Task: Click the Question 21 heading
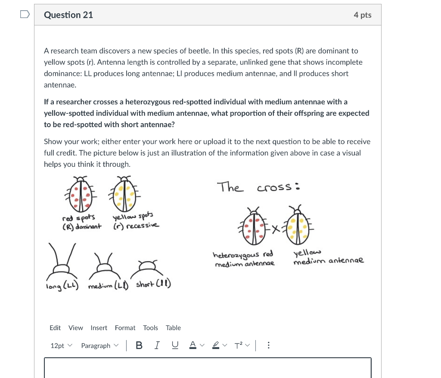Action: pos(68,15)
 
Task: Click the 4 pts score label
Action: pos(362,15)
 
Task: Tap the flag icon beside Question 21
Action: pos(25,15)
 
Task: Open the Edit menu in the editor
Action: pos(55,328)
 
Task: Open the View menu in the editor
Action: pos(75,328)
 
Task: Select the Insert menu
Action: pos(99,328)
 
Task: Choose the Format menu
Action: pos(125,328)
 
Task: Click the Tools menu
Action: pos(150,328)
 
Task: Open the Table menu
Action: pos(173,328)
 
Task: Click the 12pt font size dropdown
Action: pos(62,346)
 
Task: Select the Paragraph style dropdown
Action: pos(99,346)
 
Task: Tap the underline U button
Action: pos(175,346)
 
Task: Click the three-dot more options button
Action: pos(268,346)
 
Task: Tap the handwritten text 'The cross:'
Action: pos(258,187)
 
